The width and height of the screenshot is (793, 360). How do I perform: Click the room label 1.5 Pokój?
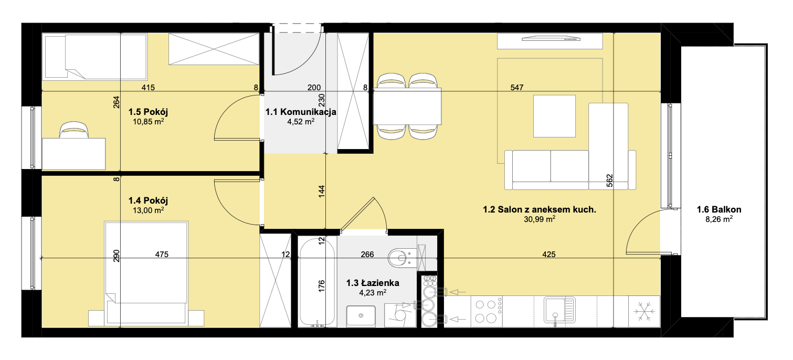click(x=148, y=112)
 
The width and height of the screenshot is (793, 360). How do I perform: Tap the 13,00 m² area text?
click(x=148, y=210)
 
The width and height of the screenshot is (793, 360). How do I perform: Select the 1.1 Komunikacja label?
click(x=301, y=112)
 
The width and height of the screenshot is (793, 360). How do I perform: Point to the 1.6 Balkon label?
click(x=719, y=209)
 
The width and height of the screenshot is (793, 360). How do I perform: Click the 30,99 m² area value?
click(x=540, y=219)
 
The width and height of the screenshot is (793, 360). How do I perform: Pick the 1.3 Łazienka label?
click(x=373, y=283)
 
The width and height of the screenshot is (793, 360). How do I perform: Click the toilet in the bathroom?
click(x=402, y=258)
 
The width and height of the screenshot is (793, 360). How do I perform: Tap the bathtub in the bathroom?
click(x=317, y=281)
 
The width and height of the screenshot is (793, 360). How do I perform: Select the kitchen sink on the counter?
click(x=559, y=310)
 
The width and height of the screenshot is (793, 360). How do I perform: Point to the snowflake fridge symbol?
click(x=644, y=312)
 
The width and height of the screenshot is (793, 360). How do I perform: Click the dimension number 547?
click(x=517, y=87)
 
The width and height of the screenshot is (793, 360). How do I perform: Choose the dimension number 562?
click(x=609, y=181)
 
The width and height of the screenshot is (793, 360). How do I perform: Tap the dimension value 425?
click(x=549, y=254)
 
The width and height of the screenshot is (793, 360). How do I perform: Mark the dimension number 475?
click(x=162, y=254)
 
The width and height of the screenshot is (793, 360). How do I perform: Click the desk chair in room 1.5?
click(x=73, y=130)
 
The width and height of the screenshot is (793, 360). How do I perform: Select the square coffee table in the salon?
click(x=554, y=116)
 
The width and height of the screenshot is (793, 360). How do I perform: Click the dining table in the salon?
click(x=407, y=106)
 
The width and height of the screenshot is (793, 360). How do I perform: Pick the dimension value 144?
click(x=321, y=192)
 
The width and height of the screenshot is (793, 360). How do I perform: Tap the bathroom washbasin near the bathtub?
click(x=361, y=316)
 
